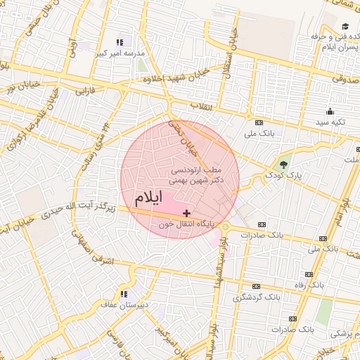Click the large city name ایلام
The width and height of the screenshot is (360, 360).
148,198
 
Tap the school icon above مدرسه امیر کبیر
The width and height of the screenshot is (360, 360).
120,43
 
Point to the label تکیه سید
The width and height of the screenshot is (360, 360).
330,122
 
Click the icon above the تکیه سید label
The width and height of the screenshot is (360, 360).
330,111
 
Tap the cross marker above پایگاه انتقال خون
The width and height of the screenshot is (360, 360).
186,212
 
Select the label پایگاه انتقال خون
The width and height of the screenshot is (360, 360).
190,224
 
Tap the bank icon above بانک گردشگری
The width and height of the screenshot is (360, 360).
257,287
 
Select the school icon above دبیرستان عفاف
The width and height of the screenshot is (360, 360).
124,294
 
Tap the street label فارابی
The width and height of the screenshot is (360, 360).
84,91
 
